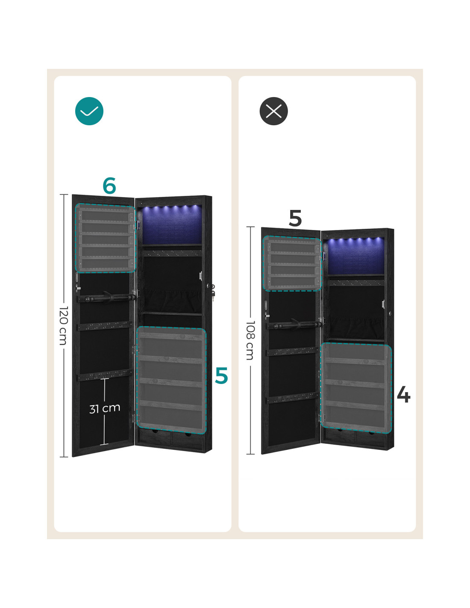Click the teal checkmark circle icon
(89, 111)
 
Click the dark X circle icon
(273, 111)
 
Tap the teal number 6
(109, 185)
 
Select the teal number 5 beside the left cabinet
(221, 375)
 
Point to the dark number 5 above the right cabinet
(295, 218)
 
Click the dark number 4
(404, 395)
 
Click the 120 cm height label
(64, 326)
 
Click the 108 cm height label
(250, 340)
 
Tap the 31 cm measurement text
(105, 408)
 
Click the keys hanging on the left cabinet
(213, 292)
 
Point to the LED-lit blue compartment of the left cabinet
(172, 224)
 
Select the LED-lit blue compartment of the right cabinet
(355, 256)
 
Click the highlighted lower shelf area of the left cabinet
(171, 380)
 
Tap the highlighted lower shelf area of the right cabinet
(356, 388)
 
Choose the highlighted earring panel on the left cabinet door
(105, 238)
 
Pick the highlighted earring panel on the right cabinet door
(293, 263)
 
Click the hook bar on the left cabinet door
(106, 298)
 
